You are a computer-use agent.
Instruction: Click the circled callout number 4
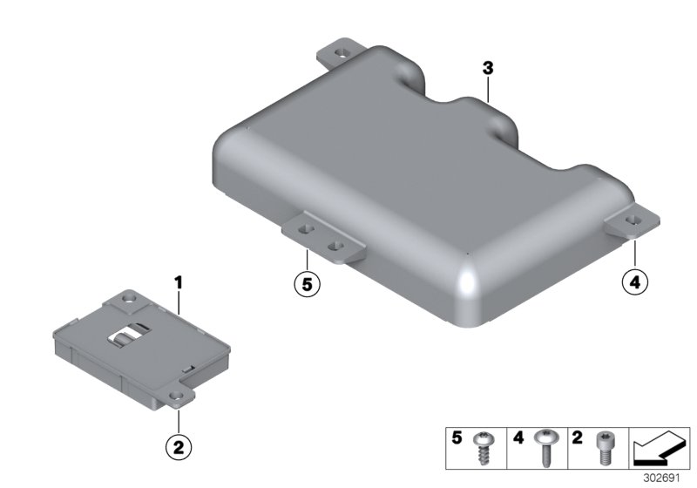point(635,282)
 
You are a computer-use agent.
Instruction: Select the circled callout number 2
point(179,448)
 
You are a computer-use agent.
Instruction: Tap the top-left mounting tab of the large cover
point(343,54)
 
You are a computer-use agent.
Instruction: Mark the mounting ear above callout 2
point(179,399)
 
